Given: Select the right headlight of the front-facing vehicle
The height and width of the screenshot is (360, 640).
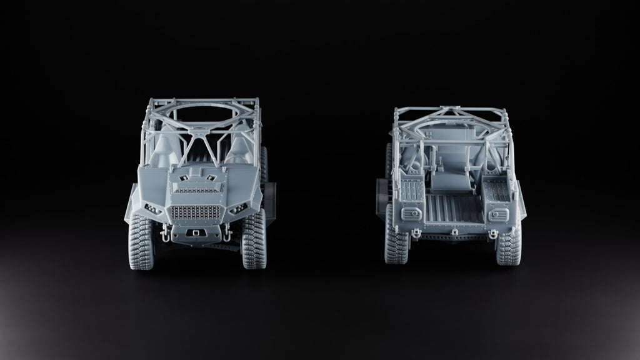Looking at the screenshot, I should [238, 209].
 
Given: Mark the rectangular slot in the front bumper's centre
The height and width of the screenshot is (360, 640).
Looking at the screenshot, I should [196, 233].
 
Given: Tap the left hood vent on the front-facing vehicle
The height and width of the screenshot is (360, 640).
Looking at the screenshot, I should [183, 178].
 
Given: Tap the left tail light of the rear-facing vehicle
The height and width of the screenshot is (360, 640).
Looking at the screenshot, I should [411, 214].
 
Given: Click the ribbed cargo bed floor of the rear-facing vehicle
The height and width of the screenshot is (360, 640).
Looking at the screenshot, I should [454, 209].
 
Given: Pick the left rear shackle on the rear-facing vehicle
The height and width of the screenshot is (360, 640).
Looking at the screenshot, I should [414, 234].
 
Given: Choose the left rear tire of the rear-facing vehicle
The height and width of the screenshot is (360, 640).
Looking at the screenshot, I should [396, 244].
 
